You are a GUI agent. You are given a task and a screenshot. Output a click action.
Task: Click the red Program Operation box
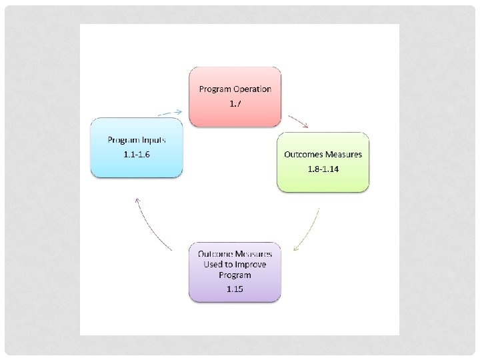pyautogui.click(x=235, y=97)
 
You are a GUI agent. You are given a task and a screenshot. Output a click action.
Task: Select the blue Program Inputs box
pyautogui.click(x=137, y=147)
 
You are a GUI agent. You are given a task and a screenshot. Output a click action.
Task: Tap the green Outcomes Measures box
pyautogui.click(x=323, y=162)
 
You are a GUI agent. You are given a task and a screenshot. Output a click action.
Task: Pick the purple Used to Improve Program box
pyautogui.click(x=235, y=273)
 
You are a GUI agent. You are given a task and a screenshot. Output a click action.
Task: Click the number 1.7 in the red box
pyautogui.click(x=235, y=103)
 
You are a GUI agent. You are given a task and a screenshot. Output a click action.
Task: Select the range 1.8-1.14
pyautogui.click(x=323, y=169)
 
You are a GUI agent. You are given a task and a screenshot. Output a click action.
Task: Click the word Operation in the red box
pyautogui.click(x=252, y=89)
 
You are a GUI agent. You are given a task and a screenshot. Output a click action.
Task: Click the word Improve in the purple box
pyautogui.click(x=251, y=265)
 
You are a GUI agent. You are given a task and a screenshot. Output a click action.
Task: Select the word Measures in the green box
pyautogui.click(x=344, y=155)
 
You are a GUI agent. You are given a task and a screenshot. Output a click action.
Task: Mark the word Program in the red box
pyautogui.click(x=215, y=89)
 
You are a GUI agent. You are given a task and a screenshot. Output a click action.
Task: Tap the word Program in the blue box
pyautogui.click(x=123, y=140)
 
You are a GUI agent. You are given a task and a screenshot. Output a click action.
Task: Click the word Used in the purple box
pyautogui.click(x=215, y=265)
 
